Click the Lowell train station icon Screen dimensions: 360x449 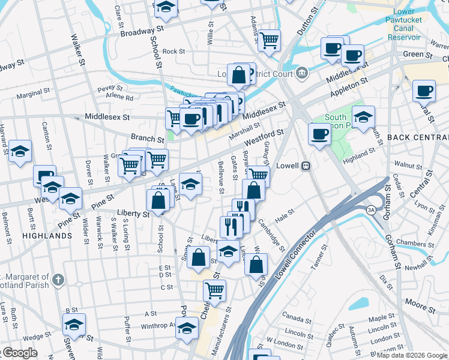[x=305, y=166]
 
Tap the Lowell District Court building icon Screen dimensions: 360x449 [x=301, y=74]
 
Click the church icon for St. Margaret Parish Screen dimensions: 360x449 [x=58, y=280]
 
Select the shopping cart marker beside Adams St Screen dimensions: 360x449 [x=270, y=41]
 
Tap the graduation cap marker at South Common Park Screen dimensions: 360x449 [x=363, y=116]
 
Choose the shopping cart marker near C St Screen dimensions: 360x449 [x=214, y=290]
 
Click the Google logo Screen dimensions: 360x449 [x=19, y=353]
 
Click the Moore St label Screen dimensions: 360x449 [x=420, y=305]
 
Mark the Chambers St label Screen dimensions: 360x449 [x=411, y=244]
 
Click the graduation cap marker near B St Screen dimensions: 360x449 [x=74, y=324]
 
